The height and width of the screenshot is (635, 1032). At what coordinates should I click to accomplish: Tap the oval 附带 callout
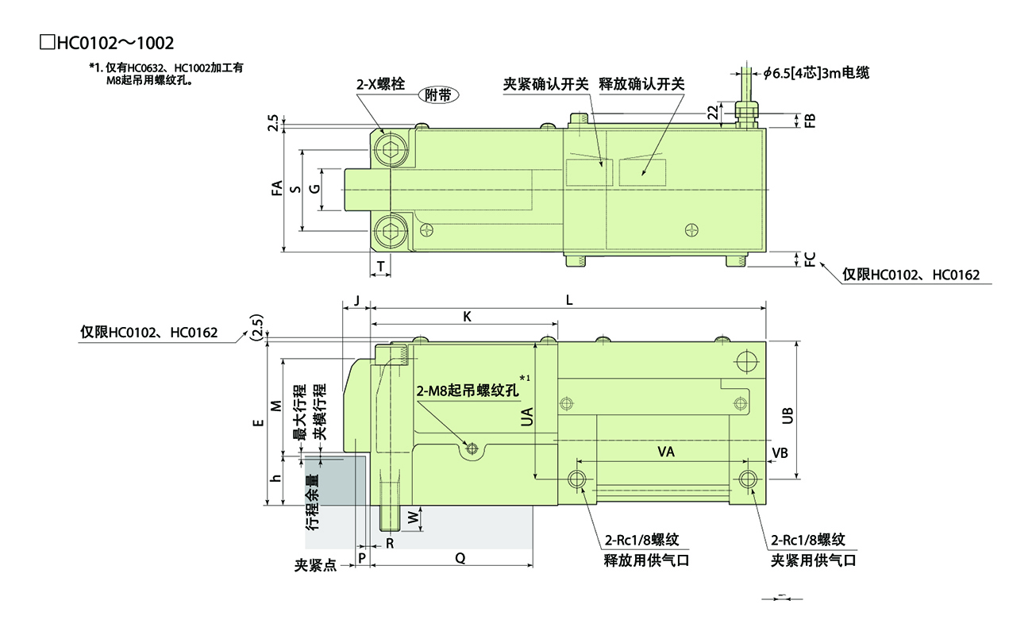coord(439,94)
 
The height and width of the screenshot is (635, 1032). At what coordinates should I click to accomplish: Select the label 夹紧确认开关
coord(546,83)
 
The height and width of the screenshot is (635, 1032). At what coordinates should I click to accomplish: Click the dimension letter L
coord(569,299)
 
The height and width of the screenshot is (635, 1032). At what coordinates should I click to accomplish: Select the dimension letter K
coord(468,316)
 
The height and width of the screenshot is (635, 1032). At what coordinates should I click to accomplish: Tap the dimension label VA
coord(666,452)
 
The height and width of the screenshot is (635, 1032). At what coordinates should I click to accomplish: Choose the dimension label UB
coord(787,415)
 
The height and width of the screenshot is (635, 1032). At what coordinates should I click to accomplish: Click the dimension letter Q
coord(460,558)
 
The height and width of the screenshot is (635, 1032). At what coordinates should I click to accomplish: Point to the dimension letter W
coord(412,517)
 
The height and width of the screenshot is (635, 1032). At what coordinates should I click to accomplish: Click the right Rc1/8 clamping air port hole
coord(747,479)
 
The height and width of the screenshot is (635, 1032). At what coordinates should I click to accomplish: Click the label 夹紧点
coord(315,565)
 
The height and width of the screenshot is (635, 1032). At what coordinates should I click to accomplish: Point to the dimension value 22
coord(714,113)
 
